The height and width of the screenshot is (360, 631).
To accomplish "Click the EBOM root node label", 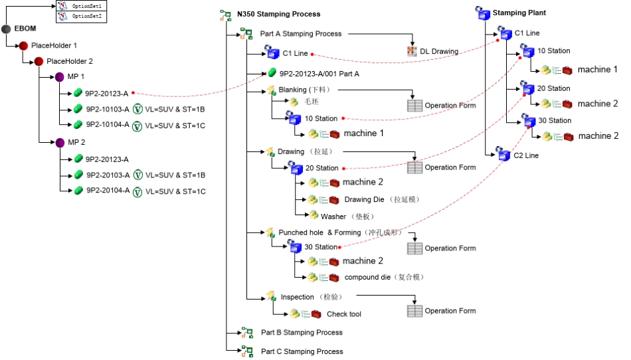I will tap(25, 29).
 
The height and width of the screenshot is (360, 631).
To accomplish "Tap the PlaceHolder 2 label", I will tap(70, 61).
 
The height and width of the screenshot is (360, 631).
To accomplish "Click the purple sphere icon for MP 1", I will tap(60, 77).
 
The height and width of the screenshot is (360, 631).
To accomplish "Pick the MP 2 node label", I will tap(76, 142).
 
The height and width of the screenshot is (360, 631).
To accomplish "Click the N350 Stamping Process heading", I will tap(278, 14).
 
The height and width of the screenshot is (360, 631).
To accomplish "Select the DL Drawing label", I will tap(439, 51).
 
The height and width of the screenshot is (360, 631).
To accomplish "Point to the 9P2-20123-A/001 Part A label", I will tap(319, 74).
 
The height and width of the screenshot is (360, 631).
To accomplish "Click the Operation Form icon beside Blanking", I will tap(414, 105).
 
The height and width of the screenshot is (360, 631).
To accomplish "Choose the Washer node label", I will tap(333, 216).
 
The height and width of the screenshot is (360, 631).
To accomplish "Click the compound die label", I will tap(367, 277).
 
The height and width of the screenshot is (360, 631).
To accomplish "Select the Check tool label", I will tap(343, 314).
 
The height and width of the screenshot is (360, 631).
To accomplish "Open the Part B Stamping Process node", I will tap(302, 332).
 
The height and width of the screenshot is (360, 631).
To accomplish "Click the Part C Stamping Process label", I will tap(302, 351).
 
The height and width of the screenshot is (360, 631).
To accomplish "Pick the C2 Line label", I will tap(527, 155).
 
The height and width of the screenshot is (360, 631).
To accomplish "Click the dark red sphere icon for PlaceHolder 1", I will tap(23, 45).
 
